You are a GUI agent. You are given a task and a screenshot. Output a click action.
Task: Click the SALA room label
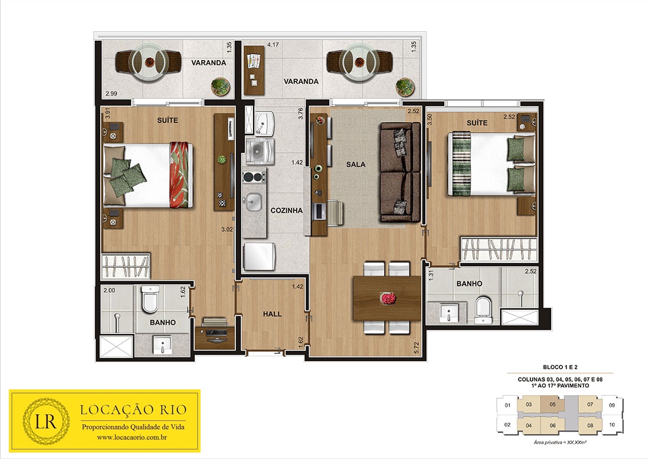pos(356,165)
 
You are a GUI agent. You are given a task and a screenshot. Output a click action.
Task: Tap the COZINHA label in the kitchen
pos(286,210)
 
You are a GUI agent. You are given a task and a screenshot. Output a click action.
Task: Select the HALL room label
pos(273,314)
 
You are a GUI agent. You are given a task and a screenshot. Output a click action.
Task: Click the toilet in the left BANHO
pos(150,299)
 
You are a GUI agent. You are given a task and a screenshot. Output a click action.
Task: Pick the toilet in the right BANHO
pos(483,310)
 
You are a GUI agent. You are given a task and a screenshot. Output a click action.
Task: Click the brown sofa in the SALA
pos(400,171)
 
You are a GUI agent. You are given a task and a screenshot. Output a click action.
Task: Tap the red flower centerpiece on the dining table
pos(388,298)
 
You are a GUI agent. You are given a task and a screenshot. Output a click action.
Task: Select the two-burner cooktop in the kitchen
pos(254,177)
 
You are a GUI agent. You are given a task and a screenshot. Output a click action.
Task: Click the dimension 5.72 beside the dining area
pos(417,347)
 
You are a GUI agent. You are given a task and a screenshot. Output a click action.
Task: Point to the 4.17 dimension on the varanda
pos(273,45)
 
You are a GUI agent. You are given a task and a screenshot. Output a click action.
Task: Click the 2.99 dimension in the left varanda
pos(112,94)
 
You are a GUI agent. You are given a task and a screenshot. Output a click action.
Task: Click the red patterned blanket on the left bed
pos(181,175)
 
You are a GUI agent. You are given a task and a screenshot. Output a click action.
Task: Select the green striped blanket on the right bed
pos(461,163)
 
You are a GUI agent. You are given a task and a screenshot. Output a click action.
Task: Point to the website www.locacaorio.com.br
pos(132,437)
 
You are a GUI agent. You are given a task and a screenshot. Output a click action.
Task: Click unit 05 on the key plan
pos(553,404)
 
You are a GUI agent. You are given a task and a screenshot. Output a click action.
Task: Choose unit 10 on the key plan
pos(612,425)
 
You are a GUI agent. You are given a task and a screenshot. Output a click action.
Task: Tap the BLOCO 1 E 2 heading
pos(560,367)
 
